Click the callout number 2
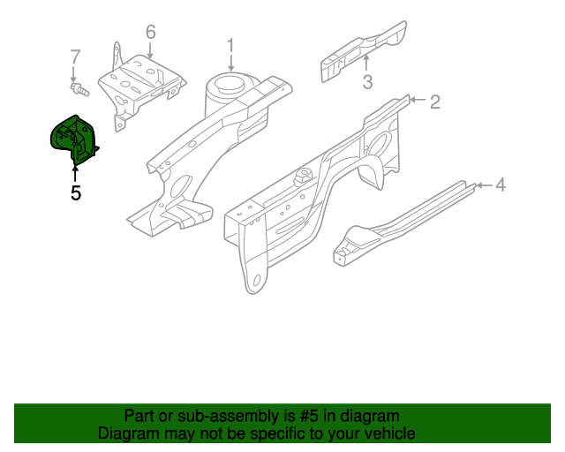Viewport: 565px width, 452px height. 434,102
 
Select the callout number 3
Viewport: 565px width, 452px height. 368,83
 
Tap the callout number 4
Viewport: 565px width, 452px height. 500,185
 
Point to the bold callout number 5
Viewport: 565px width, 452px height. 75,192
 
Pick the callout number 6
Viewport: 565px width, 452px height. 150,33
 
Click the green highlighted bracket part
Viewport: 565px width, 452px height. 75,141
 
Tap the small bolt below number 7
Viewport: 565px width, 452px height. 79,88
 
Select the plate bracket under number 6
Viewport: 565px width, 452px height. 141,84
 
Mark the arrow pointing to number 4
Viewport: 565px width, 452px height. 481,185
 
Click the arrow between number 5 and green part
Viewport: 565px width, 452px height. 75,173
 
